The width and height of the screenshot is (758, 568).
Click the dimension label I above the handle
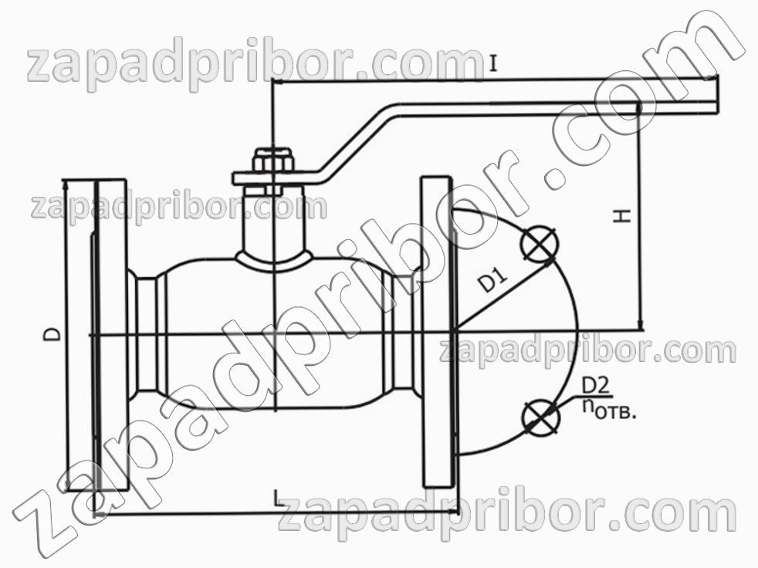pos(492,64)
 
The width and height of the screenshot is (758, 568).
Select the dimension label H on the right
pos(623,215)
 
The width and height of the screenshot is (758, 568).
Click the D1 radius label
pos(494,282)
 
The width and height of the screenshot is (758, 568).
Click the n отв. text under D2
pos(607,410)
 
